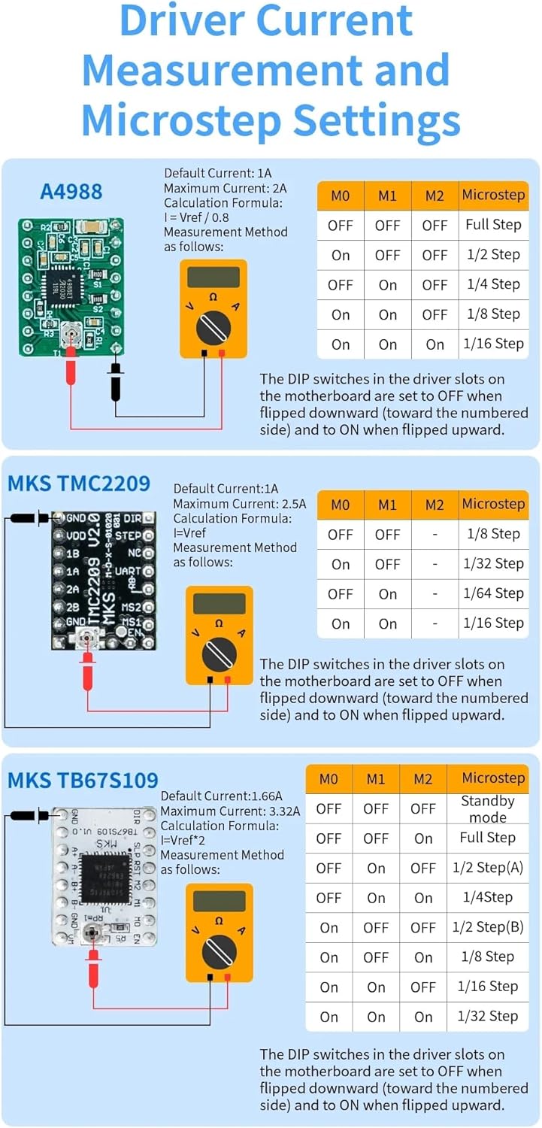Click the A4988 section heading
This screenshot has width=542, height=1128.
[71, 191]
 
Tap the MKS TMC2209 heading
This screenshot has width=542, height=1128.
[79, 483]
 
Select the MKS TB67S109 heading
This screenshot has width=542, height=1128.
[83, 780]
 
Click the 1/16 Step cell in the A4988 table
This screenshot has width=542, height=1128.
[493, 344]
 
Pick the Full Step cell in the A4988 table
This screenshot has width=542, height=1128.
[493, 224]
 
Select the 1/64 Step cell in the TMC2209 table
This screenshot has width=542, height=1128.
[493, 593]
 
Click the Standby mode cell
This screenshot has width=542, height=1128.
[487, 809]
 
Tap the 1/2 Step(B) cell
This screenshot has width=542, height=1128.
[488, 927]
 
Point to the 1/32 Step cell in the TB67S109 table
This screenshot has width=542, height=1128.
[488, 1016]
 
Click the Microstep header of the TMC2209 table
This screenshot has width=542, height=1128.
[493, 504]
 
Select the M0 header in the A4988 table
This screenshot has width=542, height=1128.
[341, 196]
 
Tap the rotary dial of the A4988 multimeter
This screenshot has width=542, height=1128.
[213, 329]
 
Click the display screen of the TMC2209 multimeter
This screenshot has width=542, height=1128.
[219, 603]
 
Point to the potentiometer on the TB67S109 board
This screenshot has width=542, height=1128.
[92, 934]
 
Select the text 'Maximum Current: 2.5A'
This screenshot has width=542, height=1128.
[239, 504]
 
